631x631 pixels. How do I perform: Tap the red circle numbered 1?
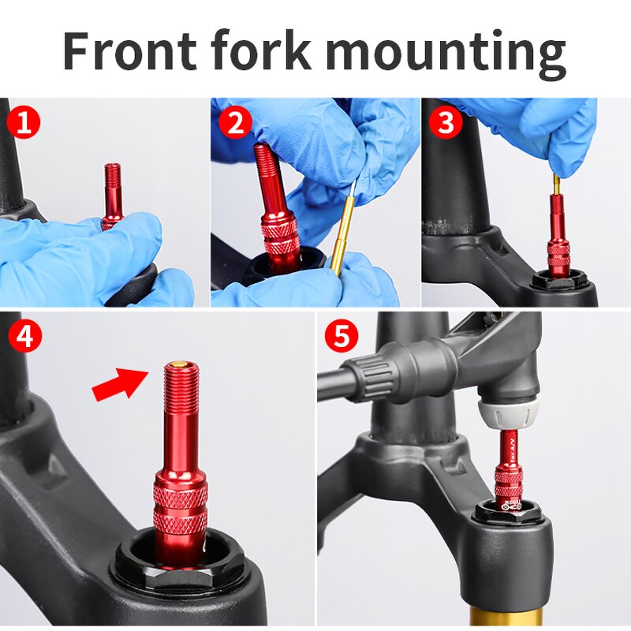pos(24,123)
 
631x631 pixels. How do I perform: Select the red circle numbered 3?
pos(446,123)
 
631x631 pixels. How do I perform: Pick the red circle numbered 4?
pos(24,337)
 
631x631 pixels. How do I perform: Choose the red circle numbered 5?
pos(342,337)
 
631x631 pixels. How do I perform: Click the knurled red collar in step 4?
pos(181,509)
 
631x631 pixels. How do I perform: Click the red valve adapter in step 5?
pos(508,473)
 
